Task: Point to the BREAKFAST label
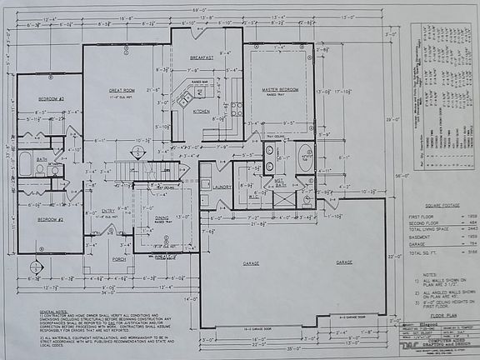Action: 202,57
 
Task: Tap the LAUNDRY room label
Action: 222,187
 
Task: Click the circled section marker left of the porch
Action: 35,267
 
